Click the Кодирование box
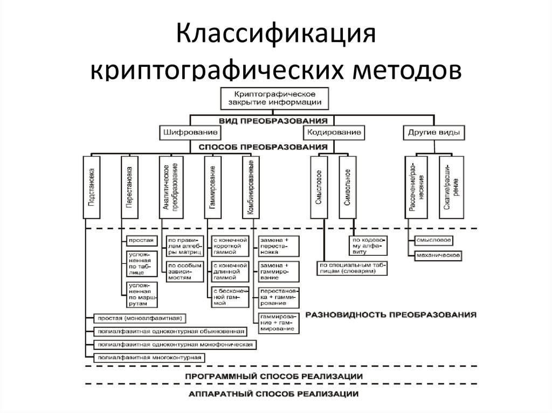334,132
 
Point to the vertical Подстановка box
91,187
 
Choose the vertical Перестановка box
129,187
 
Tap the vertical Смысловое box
319,187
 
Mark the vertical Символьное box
348,187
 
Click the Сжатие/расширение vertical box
451,187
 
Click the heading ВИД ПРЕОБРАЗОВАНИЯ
274,120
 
